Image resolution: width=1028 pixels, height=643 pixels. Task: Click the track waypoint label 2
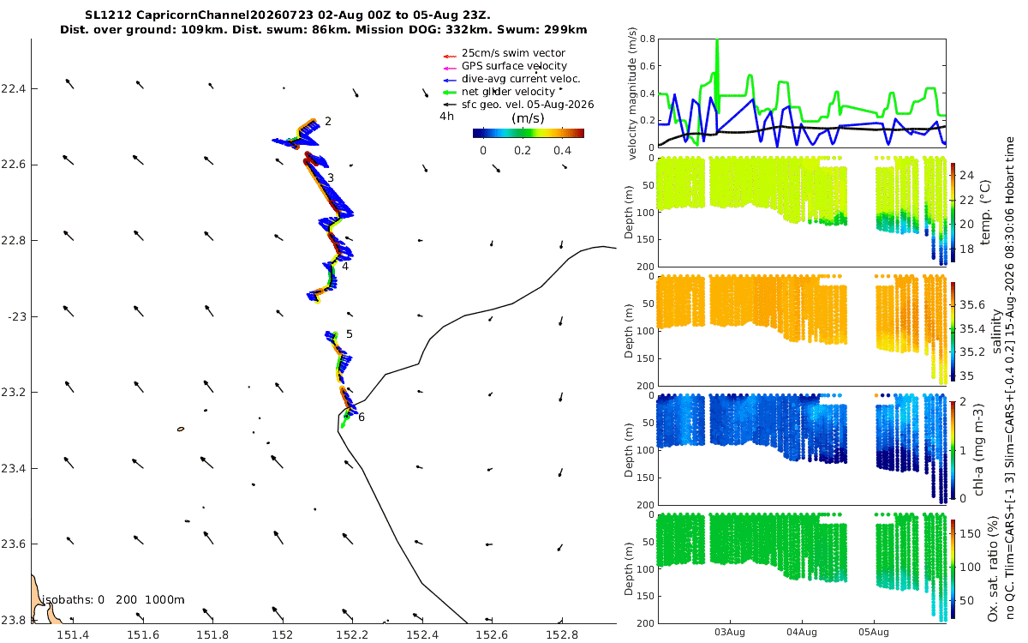click(327, 121)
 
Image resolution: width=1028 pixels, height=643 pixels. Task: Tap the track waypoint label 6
click(362, 417)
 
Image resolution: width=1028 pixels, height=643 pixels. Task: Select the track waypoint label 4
click(345, 267)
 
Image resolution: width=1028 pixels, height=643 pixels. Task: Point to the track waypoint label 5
click(350, 334)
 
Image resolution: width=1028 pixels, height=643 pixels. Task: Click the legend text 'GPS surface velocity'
click(514, 66)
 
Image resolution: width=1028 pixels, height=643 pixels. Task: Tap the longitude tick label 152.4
click(422, 634)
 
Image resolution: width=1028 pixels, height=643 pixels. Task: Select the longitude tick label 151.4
click(73, 634)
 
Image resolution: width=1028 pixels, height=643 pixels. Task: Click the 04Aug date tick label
click(802, 632)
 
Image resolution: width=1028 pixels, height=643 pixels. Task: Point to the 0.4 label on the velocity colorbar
click(562, 151)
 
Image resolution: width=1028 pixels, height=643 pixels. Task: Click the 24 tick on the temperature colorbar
click(967, 176)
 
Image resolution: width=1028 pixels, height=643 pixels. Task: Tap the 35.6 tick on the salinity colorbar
click(972, 305)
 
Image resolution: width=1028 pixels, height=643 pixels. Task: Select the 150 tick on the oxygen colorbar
click(970, 533)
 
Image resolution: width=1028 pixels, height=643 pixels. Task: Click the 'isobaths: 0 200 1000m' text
click(113, 600)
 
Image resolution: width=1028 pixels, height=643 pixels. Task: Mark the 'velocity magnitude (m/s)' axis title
click(632, 93)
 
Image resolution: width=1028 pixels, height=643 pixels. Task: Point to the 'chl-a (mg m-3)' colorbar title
click(979, 450)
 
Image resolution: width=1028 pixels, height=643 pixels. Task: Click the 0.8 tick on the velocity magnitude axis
click(647, 39)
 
